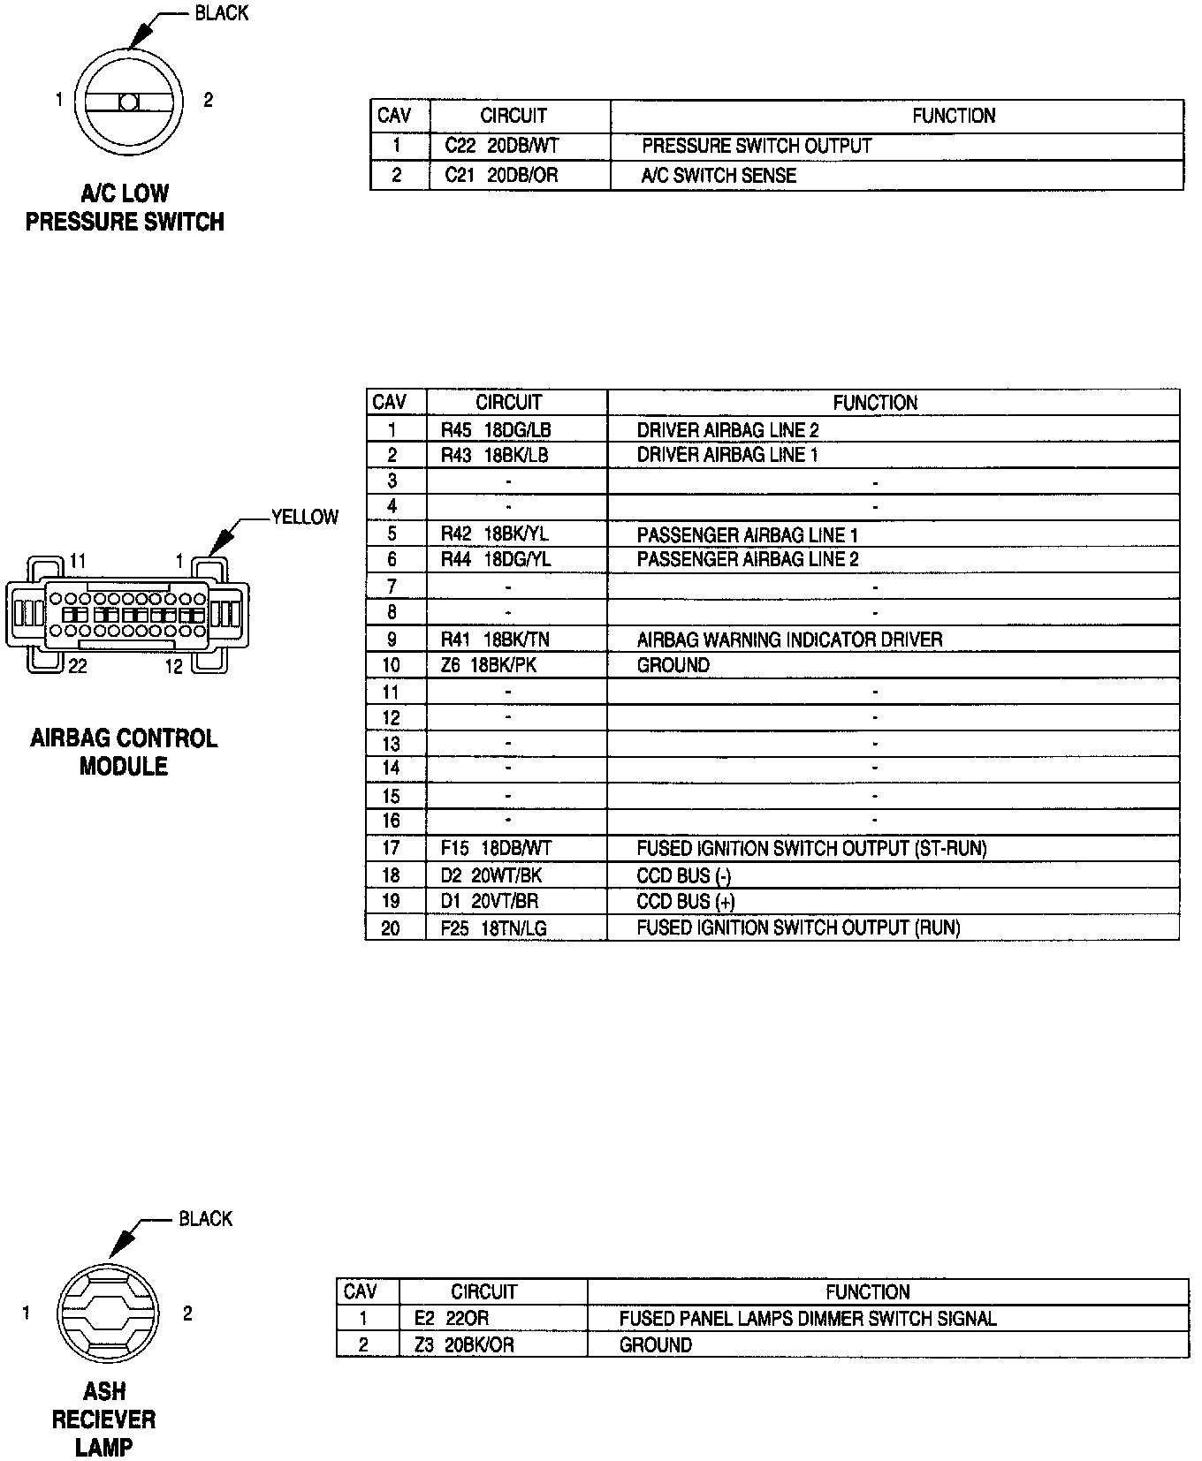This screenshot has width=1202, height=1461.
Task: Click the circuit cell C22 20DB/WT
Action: [502, 146]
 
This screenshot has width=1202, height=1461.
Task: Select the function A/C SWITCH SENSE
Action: [719, 175]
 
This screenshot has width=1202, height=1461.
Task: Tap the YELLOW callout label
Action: [305, 517]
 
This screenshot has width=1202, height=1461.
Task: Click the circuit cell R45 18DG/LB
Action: [496, 430]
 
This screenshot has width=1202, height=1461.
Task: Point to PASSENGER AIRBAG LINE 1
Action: [747, 534]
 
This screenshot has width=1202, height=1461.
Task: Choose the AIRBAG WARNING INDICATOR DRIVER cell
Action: [789, 640]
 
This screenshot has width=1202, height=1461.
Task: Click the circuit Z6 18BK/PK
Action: [489, 665]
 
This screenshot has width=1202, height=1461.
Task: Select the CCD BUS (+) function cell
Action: [686, 902]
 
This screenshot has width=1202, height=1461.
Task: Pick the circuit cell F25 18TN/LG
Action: [494, 927]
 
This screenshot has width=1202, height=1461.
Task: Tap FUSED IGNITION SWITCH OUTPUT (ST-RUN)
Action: [811, 849]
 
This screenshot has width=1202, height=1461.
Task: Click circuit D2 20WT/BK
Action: [491, 875]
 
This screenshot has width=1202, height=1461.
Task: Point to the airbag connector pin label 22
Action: [78, 666]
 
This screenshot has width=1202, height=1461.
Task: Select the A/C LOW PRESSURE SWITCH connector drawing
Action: [129, 102]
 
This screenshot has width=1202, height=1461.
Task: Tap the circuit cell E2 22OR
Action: [451, 1318]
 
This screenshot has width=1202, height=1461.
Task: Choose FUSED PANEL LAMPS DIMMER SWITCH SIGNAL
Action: [808, 1318]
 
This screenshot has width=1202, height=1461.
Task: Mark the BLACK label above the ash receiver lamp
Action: [205, 1219]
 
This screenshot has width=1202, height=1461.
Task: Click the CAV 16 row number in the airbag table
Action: [391, 821]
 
